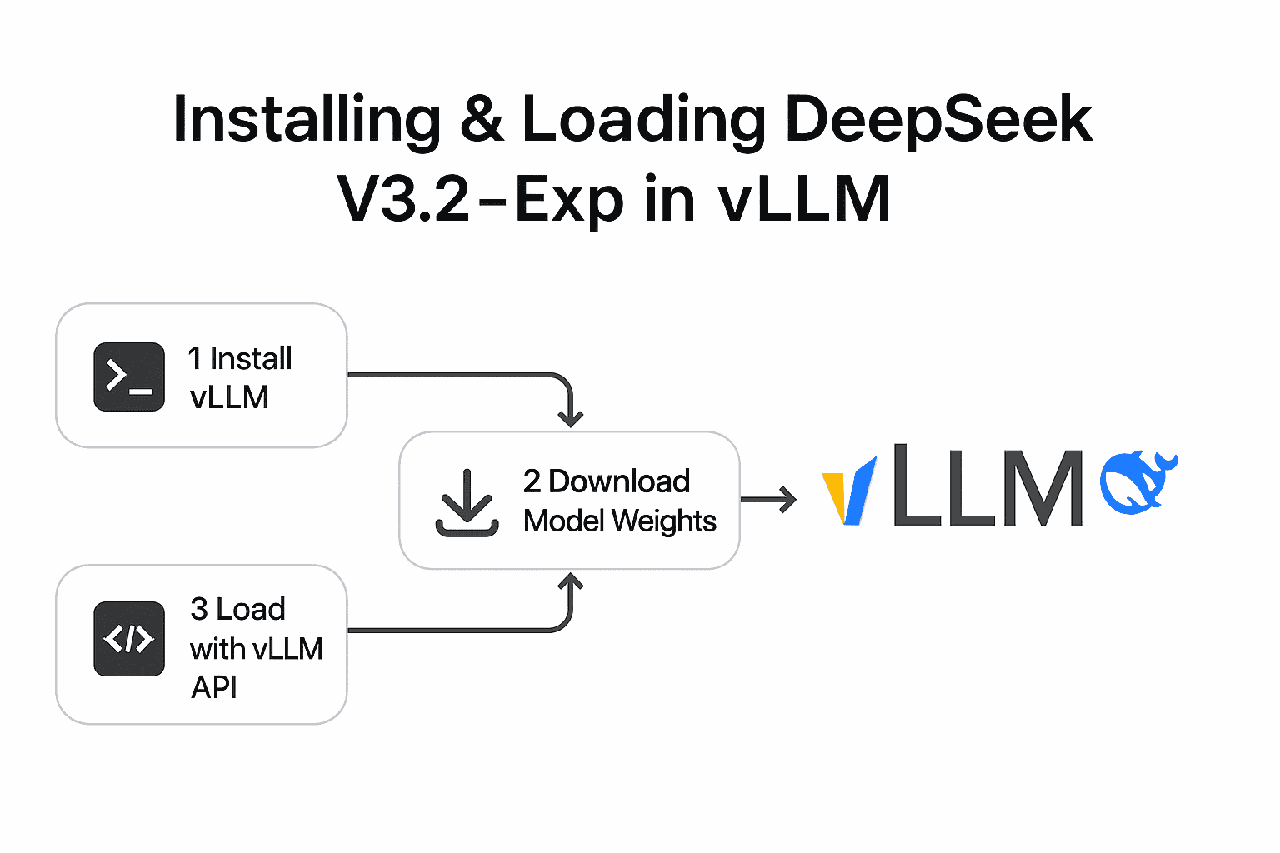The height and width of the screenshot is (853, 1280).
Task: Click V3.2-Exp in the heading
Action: click(x=480, y=200)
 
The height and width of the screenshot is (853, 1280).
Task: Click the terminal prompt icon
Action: click(x=129, y=377)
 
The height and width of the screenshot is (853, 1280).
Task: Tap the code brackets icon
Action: click(x=129, y=639)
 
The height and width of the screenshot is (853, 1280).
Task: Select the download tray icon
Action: click(x=467, y=503)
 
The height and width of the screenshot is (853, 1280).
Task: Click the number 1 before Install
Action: click(x=195, y=359)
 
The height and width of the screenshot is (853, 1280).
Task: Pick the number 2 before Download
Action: click(x=532, y=481)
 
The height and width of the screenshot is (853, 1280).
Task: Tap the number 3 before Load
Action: click(x=199, y=610)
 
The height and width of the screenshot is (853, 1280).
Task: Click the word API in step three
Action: click(x=214, y=688)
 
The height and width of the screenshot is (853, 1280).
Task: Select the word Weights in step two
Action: click(x=664, y=521)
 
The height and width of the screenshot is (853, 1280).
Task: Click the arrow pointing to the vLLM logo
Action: click(x=768, y=500)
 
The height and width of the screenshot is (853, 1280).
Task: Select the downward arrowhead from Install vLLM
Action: click(x=571, y=417)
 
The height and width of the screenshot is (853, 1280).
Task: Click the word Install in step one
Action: click(x=251, y=359)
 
